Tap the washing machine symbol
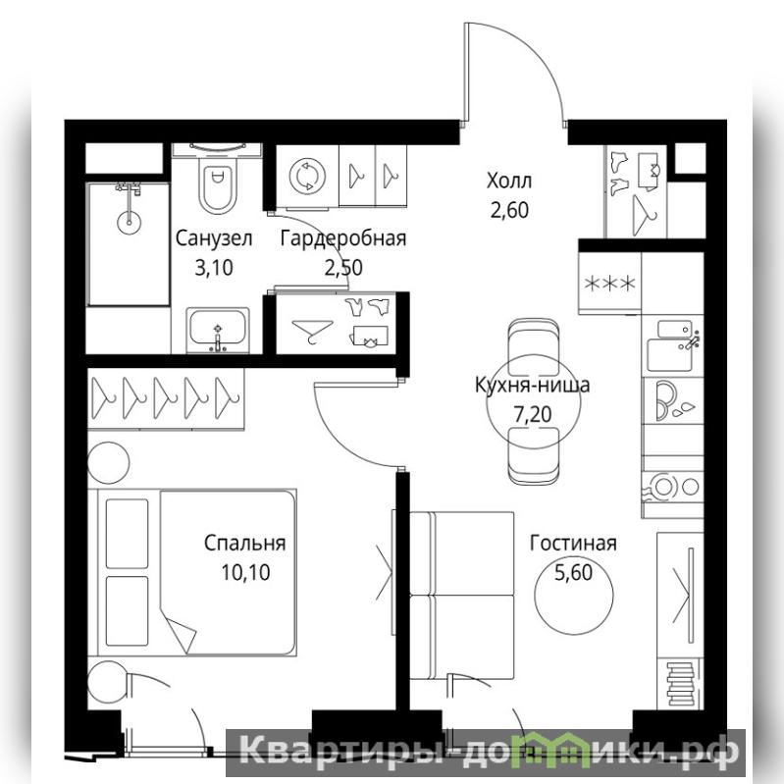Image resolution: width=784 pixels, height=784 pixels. [307, 176]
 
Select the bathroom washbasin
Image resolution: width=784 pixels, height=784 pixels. [218, 329]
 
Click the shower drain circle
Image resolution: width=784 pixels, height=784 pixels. [129, 222]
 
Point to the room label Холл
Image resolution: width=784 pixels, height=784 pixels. [509, 181]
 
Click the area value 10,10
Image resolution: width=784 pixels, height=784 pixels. [245, 572]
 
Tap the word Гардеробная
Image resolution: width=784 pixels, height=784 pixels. [343, 238]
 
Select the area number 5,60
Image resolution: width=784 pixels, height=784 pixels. [573, 572]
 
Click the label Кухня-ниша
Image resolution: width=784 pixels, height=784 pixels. [532, 385]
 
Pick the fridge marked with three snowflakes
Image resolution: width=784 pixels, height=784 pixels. [610, 284]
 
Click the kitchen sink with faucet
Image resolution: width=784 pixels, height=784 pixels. [672, 346]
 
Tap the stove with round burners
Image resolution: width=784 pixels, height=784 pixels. [672, 486]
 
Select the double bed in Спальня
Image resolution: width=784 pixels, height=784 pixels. [192, 572]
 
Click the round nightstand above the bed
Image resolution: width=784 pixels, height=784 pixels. [109, 462]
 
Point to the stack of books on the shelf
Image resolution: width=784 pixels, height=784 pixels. [681, 684]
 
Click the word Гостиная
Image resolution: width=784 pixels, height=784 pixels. [573, 543]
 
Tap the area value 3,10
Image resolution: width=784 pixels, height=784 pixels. [214, 268]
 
